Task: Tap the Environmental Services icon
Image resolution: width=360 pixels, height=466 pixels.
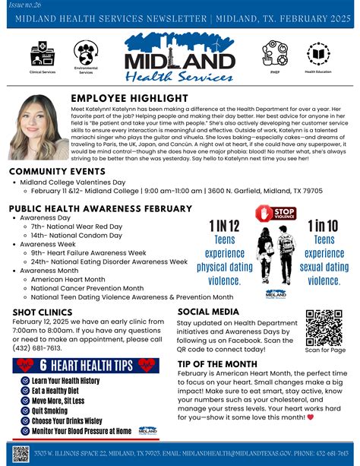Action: [x=85, y=52]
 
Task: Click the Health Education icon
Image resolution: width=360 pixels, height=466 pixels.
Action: [x=319, y=53]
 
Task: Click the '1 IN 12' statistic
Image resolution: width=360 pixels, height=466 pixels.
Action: [x=224, y=225]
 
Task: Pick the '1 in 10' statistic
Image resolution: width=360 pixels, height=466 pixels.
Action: [x=324, y=225]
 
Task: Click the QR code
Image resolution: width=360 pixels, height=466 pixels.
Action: [x=325, y=327]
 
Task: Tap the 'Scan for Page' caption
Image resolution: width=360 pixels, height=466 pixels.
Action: [x=325, y=350]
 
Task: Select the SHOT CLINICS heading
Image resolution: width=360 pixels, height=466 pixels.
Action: [x=44, y=312]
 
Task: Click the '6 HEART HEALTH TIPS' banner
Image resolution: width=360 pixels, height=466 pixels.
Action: [x=87, y=365]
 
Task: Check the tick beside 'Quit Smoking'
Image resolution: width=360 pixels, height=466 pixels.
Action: [x=26, y=411]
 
